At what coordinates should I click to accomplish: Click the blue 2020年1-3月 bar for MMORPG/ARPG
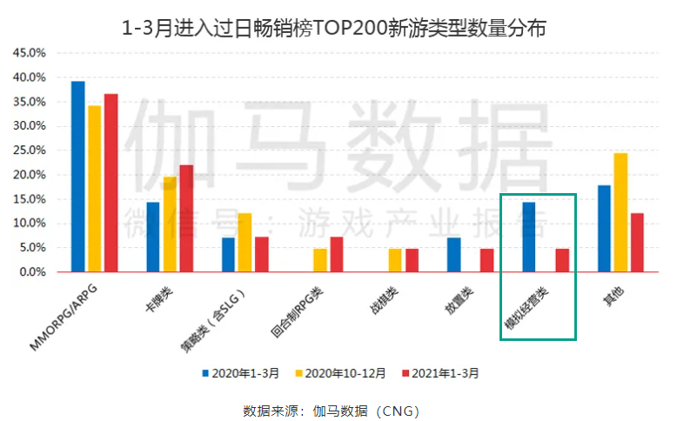coord(77,177)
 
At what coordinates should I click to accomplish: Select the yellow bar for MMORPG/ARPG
coord(94,189)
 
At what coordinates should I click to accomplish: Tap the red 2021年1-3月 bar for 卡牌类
coord(186,218)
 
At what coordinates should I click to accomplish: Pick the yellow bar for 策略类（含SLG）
coord(245,243)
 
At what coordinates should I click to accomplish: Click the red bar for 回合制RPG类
coord(337,254)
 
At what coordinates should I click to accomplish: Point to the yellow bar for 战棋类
coord(395,260)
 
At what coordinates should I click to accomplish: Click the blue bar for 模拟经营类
coord(528,237)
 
